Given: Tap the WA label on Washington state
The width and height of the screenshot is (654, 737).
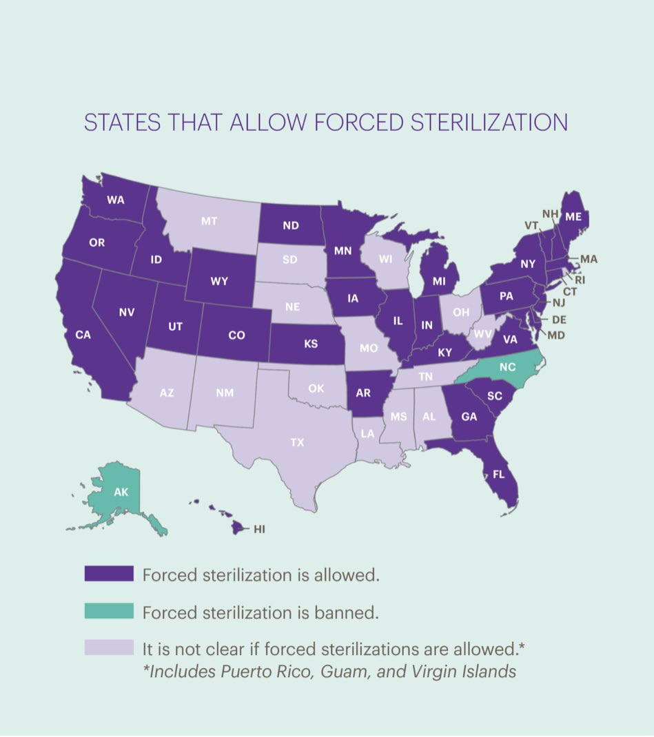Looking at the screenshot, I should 115,200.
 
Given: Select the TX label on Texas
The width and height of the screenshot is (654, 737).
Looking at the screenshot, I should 297,442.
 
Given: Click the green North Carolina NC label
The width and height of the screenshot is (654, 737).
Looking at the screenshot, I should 507,367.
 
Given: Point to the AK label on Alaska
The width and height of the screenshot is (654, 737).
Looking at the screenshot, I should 121,493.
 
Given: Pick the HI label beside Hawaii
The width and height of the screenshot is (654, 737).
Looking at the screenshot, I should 259,529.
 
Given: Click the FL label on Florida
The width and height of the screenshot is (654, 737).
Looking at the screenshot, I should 497,474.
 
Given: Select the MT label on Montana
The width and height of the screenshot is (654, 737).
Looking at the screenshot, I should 210,221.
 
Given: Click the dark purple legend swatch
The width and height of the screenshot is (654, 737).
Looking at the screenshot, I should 108,574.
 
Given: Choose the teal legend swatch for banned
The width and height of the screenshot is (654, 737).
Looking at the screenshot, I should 108,611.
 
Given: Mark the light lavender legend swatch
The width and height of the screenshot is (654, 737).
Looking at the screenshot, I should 108,647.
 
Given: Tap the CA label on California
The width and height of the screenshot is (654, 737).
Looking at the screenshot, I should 83,335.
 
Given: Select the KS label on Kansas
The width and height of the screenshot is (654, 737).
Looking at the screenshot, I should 310,343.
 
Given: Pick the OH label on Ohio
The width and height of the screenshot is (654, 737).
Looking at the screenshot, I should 460,311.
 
